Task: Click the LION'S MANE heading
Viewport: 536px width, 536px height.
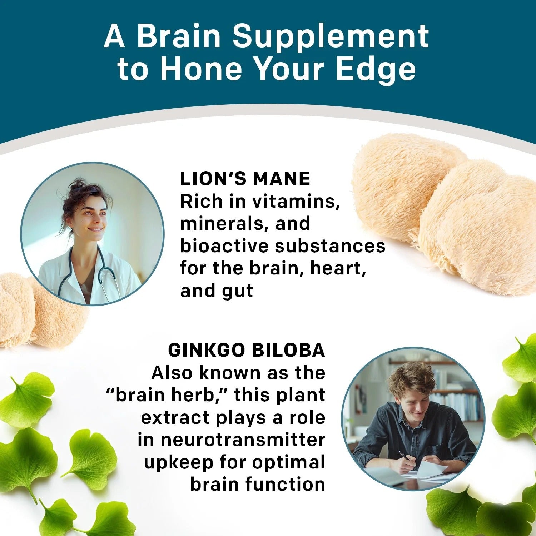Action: coord(245,179)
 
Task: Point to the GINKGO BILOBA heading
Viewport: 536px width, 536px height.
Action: coord(247,350)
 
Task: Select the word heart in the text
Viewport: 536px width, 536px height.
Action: coord(338,268)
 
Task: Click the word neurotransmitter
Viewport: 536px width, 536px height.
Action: coord(243,440)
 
